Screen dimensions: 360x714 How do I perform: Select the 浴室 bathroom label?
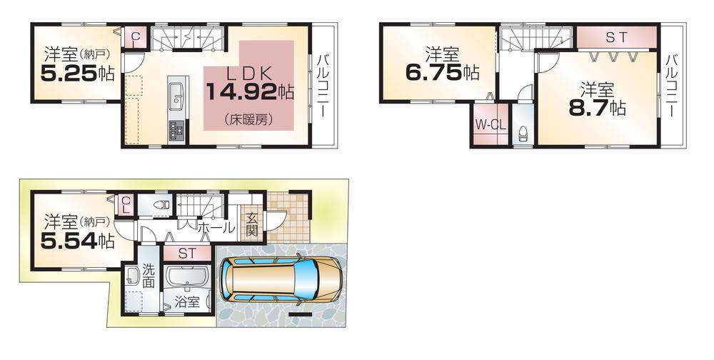click(188, 302)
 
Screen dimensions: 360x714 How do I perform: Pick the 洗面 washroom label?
click(148, 276)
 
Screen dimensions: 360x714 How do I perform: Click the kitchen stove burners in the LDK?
click(176, 130)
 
